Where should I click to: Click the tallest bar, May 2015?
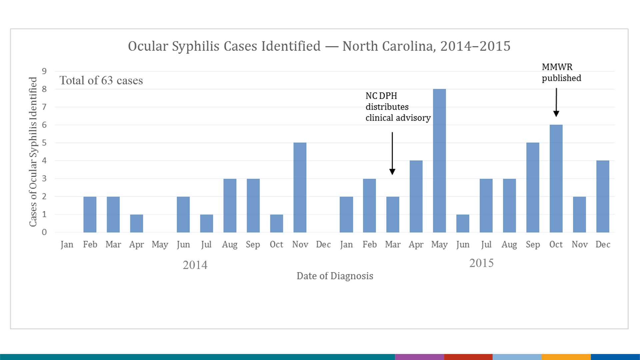439,161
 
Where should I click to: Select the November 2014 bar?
300,187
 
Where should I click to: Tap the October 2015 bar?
556,179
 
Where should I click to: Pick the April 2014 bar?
136,223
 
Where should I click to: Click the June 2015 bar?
463,223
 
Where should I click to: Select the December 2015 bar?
603,196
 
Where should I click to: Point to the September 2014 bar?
253,205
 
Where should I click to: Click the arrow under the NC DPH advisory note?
392,153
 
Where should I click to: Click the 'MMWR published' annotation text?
561,72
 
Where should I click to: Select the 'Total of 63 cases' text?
101,80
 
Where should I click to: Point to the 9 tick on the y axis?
44,71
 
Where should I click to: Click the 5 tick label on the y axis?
44,143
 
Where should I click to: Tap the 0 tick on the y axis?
44,232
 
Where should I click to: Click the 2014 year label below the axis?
195,265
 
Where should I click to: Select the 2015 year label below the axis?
481,263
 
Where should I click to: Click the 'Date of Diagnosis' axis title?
335,276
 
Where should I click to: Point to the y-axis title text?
33,152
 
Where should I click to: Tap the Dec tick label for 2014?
323,245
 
